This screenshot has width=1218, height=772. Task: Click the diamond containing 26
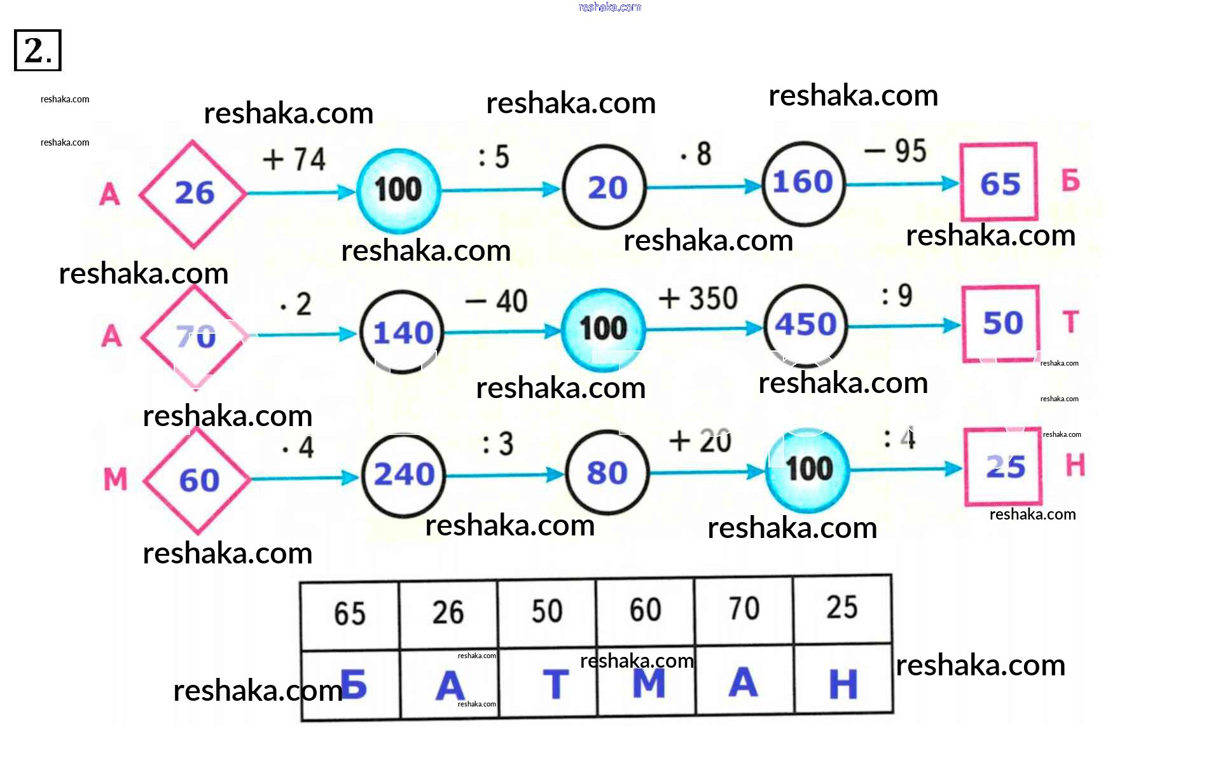click(193, 193)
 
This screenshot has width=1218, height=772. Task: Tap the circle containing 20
click(605, 187)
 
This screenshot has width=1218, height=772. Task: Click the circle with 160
click(803, 183)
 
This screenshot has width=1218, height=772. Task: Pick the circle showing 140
click(402, 333)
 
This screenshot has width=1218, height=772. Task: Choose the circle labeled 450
click(805, 325)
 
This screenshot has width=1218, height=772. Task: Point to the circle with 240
click(404, 475)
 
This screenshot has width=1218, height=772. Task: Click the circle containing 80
click(607, 472)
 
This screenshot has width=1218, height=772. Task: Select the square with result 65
click(999, 183)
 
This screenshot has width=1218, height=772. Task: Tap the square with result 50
click(1001, 323)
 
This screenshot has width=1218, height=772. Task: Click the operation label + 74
click(294, 159)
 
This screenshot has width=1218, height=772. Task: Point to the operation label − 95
click(895, 151)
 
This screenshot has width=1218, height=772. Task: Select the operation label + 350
click(698, 298)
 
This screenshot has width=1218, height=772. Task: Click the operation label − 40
click(497, 301)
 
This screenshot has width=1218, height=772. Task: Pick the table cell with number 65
click(349, 614)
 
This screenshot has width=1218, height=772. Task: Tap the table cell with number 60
click(645, 610)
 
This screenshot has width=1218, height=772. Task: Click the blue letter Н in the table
click(843, 684)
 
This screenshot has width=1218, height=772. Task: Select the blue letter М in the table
click(649, 683)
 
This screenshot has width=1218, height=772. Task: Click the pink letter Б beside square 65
click(1070, 181)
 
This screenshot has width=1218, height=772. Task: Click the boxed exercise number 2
click(38, 50)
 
